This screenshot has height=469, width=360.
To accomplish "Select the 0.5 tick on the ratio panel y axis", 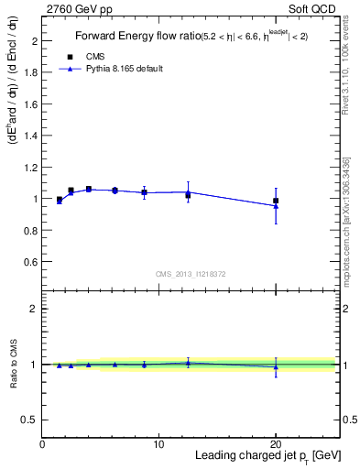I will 30,420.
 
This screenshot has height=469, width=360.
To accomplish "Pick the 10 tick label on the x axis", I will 158,444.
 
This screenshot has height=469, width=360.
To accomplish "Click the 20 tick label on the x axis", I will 276,444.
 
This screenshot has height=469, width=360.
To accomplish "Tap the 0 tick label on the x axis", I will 42,444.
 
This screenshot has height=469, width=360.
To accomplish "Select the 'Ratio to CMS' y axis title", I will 13,364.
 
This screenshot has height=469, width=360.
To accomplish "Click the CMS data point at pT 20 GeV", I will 276,201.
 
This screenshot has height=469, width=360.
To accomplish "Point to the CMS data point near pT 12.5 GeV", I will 188,195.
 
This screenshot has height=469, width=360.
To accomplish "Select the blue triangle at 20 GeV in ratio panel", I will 276,367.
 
